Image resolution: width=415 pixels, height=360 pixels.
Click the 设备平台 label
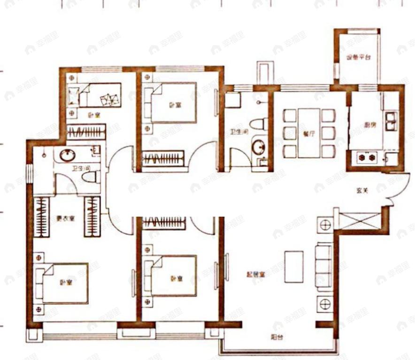[358, 58]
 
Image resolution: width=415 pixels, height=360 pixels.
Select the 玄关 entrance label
[361, 191]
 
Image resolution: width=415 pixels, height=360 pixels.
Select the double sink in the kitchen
[391, 121]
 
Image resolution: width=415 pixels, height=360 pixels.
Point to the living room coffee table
[294, 266]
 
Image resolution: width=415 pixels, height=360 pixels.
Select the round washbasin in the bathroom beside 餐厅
[257, 147]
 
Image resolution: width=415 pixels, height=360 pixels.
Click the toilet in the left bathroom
[91, 177]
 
